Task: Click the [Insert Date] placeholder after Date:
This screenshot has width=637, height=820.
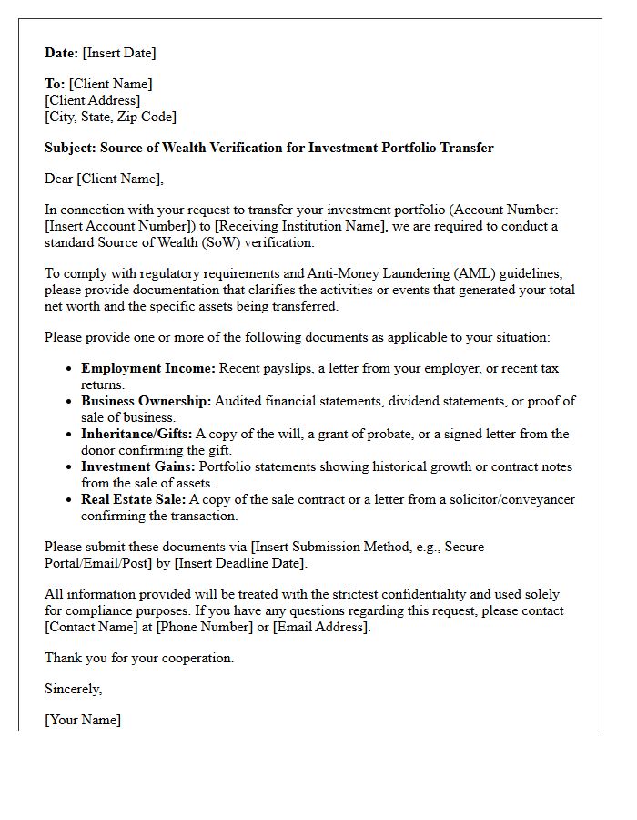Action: tap(119, 53)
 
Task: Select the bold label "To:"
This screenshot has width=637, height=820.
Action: tap(55, 84)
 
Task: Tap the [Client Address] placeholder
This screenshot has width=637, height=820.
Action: tap(93, 100)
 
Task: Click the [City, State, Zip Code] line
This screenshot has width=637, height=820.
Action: tap(110, 117)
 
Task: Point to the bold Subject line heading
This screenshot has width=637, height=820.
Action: tap(269, 148)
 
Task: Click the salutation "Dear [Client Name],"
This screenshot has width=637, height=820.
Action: tap(104, 179)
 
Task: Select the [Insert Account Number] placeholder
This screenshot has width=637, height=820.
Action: tap(126, 226)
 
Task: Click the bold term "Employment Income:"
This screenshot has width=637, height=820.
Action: tap(148, 368)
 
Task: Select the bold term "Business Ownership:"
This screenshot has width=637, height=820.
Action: tap(147, 401)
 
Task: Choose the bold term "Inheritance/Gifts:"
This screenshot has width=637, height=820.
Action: tap(136, 434)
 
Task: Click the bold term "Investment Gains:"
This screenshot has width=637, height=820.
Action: tap(138, 466)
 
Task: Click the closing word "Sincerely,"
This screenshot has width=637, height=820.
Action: tap(74, 689)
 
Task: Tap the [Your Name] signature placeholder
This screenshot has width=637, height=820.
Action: tap(83, 720)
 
